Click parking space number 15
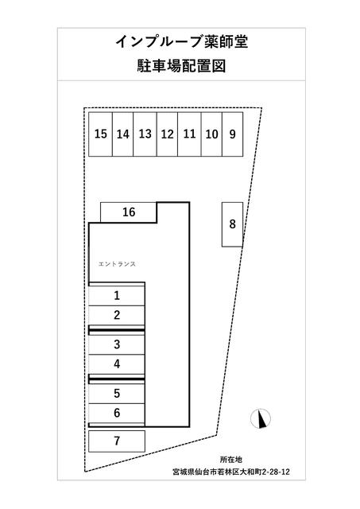click(101, 134)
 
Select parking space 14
click(123, 134)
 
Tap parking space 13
click(145, 134)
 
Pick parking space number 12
click(168, 134)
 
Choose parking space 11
click(189, 134)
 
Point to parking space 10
click(211, 134)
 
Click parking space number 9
click(233, 134)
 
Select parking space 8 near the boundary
click(233, 224)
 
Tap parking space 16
click(129, 212)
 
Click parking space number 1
click(117, 296)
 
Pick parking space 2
click(117, 315)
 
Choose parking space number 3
click(117, 344)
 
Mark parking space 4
click(117, 364)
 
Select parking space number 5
click(117, 394)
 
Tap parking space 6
click(117, 413)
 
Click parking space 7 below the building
click(117, 441)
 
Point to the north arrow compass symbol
click(261, 418)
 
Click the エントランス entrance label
click(117, 264)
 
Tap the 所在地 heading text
click(231, 460)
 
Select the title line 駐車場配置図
click(181, 66)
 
